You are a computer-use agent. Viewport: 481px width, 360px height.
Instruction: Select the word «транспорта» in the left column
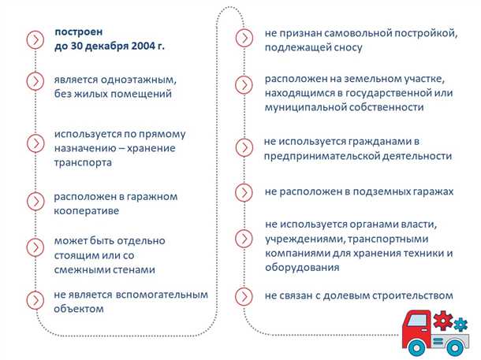[x=83, y=161]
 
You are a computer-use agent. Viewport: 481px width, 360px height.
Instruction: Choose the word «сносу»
[x=346, y=47]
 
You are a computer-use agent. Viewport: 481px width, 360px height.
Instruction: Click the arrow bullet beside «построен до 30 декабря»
[x=35, y=39]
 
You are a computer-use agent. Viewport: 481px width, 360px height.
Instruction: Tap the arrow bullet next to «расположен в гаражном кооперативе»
[x=35, y=202]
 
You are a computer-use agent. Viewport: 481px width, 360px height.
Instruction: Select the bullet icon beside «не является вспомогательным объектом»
[x=35, y=300]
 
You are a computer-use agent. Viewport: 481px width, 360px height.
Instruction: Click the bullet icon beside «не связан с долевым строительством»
[x=246, y=296]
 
